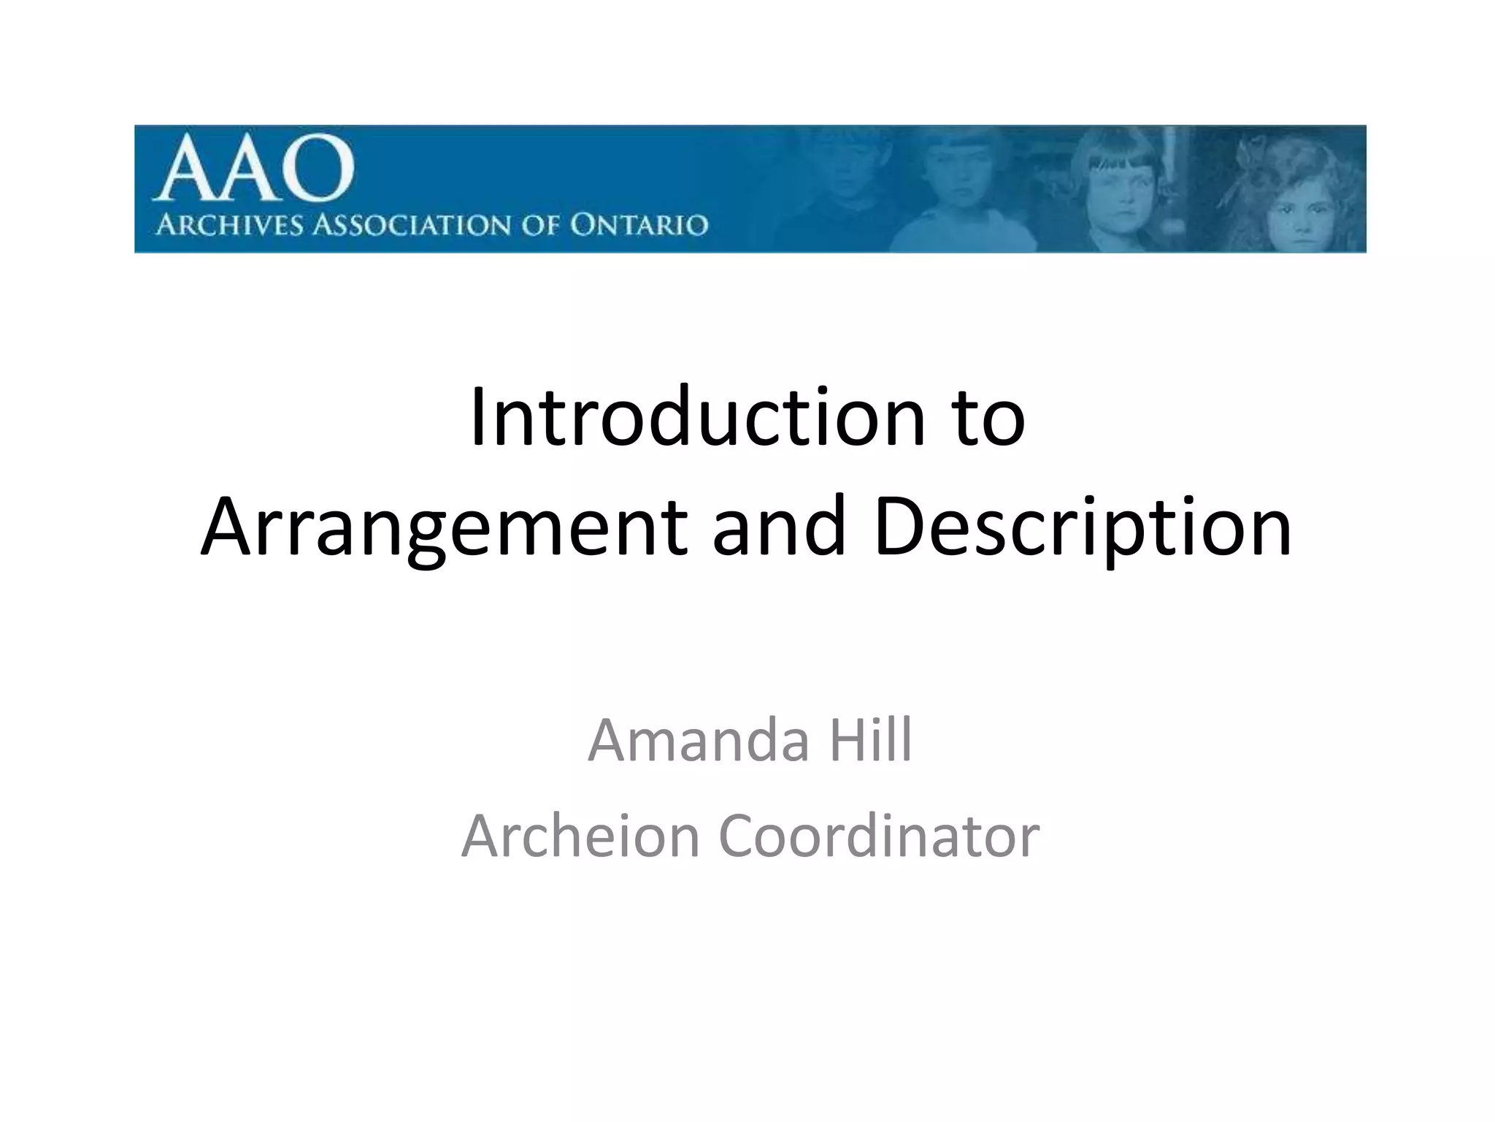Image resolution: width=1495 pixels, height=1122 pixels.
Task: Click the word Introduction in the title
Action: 698,417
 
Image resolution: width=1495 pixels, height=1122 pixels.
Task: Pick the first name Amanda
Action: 699,741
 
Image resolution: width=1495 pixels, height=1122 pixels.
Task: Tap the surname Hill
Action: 871,741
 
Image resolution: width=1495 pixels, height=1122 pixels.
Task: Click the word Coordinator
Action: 879,836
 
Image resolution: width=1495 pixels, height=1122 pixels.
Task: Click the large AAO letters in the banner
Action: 254,169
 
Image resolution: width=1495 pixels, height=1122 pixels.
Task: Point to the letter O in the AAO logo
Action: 319,169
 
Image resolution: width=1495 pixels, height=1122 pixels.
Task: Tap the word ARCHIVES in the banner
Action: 229,225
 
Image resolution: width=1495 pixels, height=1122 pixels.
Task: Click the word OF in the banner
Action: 539,225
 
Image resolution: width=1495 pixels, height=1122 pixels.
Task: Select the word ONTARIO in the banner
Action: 639,225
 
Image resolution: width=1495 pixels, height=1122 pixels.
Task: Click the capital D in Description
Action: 899,526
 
